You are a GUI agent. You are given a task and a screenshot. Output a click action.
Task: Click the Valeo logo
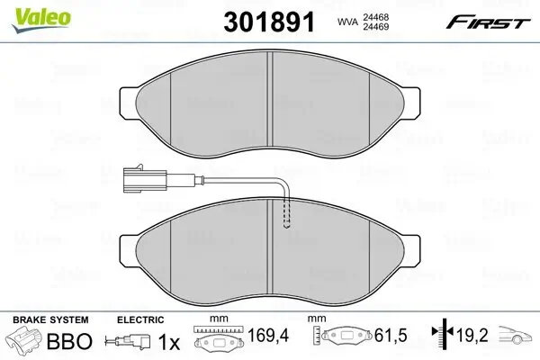tap(41, 20)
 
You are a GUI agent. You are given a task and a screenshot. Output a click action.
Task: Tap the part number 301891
tap(269, 22)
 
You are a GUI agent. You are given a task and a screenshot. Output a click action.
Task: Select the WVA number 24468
tap(375, 17)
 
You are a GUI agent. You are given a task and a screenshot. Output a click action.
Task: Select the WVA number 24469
tap(375, 26)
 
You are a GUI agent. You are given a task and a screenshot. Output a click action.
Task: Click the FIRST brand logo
tap(488, 22)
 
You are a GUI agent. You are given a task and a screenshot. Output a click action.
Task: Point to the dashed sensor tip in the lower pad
tap(286, 213)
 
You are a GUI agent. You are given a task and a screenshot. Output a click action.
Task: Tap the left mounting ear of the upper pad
tap(128, 103)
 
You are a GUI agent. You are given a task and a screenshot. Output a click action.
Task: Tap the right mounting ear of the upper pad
tap(411, 103)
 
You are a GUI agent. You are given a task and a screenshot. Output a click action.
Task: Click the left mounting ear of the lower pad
tap(128, 251)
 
